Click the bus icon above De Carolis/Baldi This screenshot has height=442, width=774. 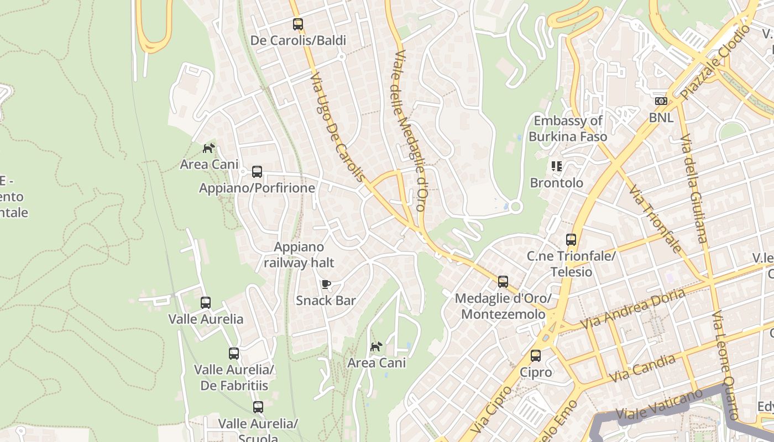(298, 24)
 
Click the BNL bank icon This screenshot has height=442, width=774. (661, 101)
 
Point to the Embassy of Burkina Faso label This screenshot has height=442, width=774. (568, 129)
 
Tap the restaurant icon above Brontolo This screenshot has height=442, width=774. (556, 166)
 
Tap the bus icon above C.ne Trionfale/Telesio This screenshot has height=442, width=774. (571, 240)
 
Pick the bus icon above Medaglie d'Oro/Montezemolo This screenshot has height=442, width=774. (503, 282)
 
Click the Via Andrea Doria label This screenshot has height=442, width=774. (632, 309)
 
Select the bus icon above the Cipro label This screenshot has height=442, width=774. (535, 356)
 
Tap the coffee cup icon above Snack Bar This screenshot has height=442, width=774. (326, 285)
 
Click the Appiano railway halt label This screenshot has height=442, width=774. (299, 255)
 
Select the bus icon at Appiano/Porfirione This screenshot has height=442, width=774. (257, 172)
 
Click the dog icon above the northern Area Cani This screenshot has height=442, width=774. (209, 148)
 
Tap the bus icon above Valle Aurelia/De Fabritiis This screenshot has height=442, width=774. (234, 354)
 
